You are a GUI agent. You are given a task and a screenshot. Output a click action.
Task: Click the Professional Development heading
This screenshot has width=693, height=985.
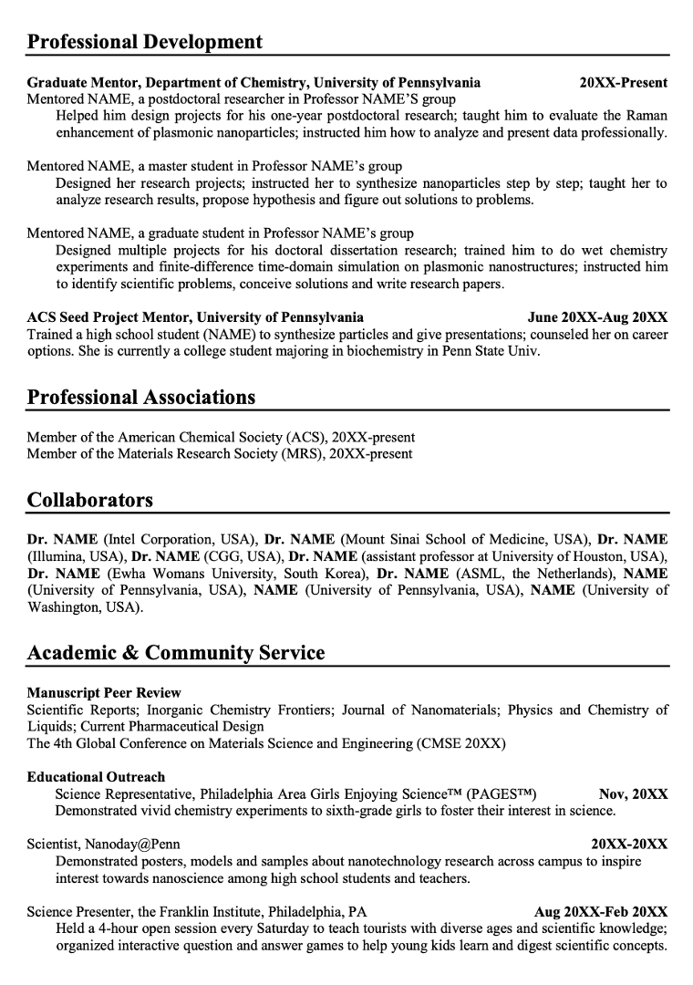click(145, 42)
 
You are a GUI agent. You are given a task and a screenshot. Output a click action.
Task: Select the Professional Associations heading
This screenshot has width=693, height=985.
click(141, 397)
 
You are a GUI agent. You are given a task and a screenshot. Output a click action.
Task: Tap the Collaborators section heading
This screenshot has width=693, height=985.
click(90, 500)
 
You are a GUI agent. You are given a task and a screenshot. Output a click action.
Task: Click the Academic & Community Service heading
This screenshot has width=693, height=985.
click(176, 653)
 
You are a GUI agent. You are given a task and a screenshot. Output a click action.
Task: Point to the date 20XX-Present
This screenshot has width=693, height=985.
click(624, 82)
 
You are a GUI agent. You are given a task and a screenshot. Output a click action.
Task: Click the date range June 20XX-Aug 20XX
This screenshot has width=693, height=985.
click(597, 317)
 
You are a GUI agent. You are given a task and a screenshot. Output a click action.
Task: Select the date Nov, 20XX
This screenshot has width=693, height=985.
click(633, 793)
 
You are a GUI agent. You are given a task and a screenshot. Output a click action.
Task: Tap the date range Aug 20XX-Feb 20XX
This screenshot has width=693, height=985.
click(601, 911)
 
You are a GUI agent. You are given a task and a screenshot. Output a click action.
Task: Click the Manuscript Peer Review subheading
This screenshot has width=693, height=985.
click(104, 692)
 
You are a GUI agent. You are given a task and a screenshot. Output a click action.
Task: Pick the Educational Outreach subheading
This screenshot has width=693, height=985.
click(97, 777)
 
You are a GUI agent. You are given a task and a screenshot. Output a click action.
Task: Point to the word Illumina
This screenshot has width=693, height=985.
click(57, 556)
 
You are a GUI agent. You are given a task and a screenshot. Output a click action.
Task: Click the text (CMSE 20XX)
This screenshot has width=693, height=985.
click(460, 743)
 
